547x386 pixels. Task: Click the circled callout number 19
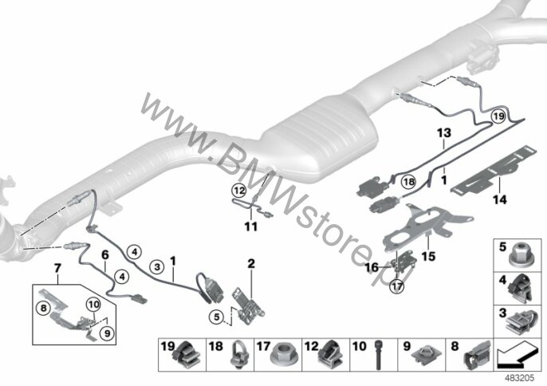[x=498, y=116]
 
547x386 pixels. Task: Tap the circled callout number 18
[x=409, y=182]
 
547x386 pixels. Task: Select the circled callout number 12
[x=239, y=191]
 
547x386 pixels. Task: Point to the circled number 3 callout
[x=157, y=267]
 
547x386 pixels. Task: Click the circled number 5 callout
[x=217, y=317]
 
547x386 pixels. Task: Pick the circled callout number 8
[x=43, y=308]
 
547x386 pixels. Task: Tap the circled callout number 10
[x=94, y=305]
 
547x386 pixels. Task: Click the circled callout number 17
[x=397, y=287]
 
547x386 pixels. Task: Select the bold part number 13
[x=444, y=133]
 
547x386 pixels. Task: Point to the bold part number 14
[x=499, y=199]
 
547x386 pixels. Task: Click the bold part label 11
[x=251, y=226]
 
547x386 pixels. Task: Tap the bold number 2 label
[x=251, y=264]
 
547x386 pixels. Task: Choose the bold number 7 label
[x=58, y=268]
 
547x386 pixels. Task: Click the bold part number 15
[x=428, y=257]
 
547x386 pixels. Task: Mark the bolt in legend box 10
[x=379, y=355]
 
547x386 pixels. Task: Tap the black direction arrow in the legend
[x=516, y=356]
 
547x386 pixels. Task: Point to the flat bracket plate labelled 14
[x=494, y=170]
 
